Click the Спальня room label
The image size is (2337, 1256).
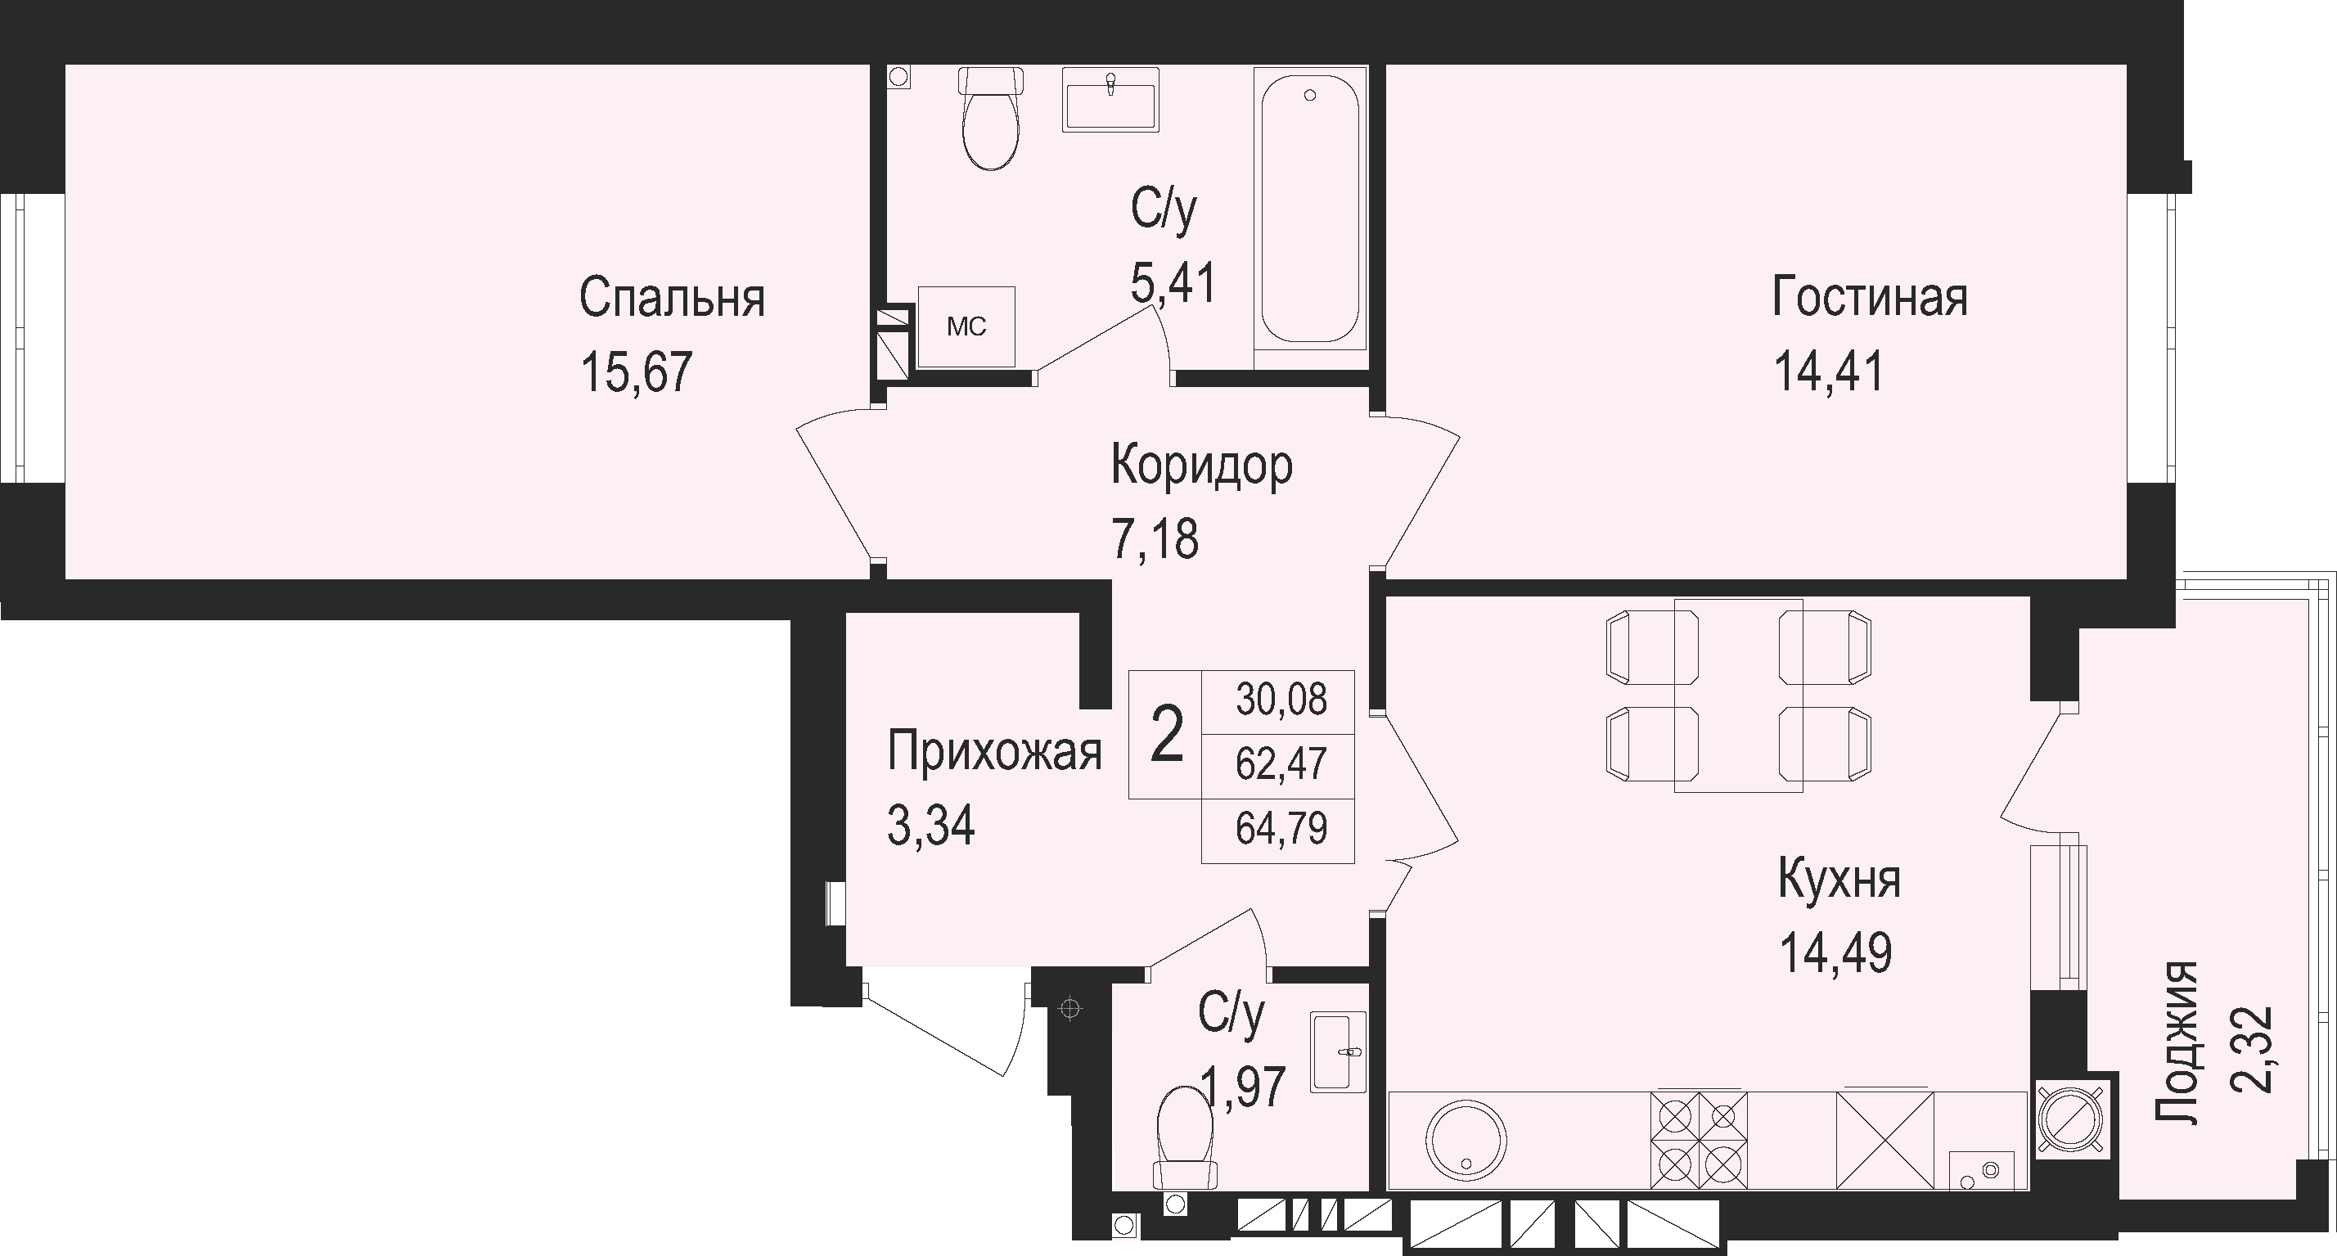[673, 298]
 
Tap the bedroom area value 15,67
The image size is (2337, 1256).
[637, 371]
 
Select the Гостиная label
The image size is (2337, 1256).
[1870, 298]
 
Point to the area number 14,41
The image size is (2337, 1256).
[1829, 371]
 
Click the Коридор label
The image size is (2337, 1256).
[1202, 466]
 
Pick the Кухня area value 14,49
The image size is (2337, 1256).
[1836, 953]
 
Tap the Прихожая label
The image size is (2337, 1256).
[994, 752]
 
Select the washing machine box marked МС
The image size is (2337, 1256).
[966, 326]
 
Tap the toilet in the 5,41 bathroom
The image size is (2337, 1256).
[991, 129]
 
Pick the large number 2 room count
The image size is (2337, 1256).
[1166, 735]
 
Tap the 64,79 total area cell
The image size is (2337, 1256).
[1281, 829]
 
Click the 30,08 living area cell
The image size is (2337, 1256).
[1281, 700]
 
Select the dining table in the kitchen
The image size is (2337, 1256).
[1737, 696]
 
